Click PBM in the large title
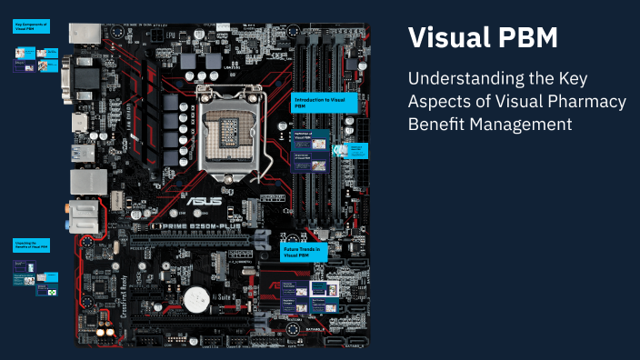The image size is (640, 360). [x=527, y=38]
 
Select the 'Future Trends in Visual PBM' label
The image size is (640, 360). [x=304, y=252]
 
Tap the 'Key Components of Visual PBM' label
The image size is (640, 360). [x=32, y=27]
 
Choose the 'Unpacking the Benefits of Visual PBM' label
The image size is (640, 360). [x=30, y=245]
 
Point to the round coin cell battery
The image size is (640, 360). [x=197, y=298]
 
